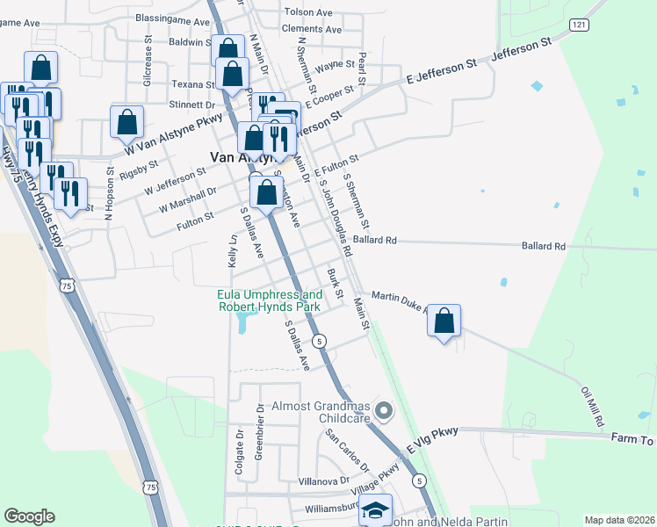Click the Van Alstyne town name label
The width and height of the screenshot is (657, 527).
pos(239,158)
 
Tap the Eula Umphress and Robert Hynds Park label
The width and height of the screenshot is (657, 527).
pos(270,300)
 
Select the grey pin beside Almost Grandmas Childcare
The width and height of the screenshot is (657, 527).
pos(383,410)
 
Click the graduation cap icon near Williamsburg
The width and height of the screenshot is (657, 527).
pos(375,509)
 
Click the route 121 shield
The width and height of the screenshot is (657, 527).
pos(577,25)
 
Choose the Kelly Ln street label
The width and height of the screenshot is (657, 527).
pos(234,250)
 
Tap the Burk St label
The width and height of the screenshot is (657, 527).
pos(334,281)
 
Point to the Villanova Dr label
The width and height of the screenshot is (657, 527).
pos(324,481)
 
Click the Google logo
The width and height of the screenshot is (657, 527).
pos(29,516)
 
